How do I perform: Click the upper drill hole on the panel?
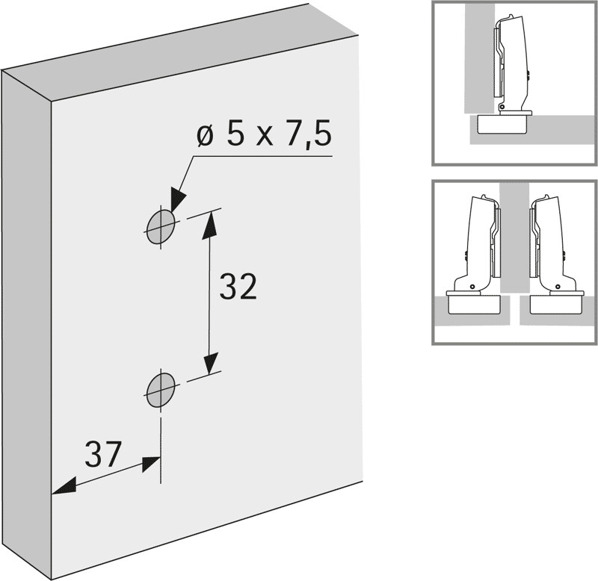click(161, 226)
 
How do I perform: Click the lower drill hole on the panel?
click(161, 390)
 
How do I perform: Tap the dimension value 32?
click(238, 287)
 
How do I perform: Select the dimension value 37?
click(102, 454)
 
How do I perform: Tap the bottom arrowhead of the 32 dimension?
click(210, 363)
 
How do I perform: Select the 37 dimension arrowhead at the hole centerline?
click(151, 464)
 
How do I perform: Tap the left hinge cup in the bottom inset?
click(474, 304)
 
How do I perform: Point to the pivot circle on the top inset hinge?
click(502, 106)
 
